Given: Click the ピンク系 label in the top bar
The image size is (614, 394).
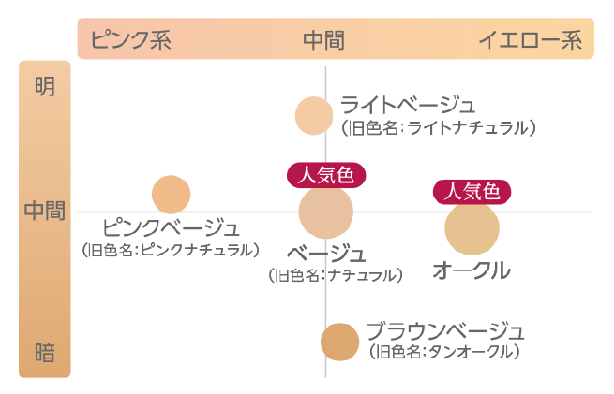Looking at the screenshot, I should [131, 40].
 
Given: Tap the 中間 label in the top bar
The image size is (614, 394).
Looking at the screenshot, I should [323, 40].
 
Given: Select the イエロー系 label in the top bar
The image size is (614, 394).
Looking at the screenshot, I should [531, 40].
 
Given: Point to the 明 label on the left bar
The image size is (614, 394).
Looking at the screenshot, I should [44, 87].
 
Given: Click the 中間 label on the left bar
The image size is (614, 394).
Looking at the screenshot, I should [44, 211].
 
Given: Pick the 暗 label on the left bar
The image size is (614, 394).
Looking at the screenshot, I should [44, 353].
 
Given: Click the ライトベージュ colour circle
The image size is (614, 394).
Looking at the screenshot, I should [314, 115].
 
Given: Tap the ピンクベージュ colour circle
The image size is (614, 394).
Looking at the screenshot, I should [172, 194].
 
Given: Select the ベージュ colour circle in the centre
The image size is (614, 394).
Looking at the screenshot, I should [325, 212].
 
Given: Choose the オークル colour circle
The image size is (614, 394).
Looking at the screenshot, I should [472, 228].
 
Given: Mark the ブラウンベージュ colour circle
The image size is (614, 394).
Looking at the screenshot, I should [339, 342].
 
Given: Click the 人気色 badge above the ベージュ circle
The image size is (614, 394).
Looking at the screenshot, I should [325, 174].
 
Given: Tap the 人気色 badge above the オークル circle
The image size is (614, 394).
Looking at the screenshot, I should [472, 191].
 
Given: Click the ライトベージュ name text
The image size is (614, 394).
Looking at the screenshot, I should [408, 104].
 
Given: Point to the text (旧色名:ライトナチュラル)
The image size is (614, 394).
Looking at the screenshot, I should [439, 126].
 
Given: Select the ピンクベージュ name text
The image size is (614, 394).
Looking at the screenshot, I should [171, 227].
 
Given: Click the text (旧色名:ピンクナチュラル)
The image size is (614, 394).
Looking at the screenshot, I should [171, 250].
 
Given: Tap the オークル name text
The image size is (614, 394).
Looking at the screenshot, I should [471, 271].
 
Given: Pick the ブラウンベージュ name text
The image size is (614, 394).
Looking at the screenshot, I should [445, 330].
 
